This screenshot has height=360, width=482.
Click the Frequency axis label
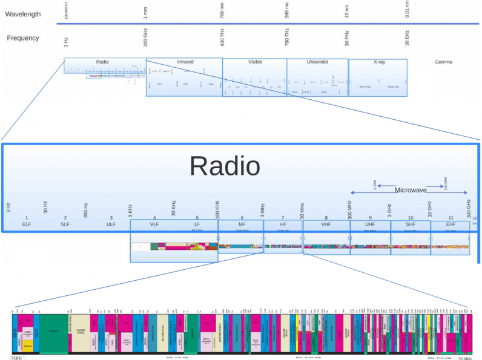pos(23,38)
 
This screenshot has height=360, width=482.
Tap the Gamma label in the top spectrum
pos(443,62)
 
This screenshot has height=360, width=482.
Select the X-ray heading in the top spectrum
pos(379,62)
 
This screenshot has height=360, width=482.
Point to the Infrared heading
pos(185,62)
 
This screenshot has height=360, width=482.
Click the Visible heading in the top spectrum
pos(255,62)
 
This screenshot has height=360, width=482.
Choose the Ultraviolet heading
pos(317,62)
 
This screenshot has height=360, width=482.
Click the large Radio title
pos(225,166)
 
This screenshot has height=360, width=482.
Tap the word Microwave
pos(411,190)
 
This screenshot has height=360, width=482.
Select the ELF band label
pos(27,224)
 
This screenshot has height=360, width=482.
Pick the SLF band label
pos(65,224)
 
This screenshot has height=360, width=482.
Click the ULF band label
pos(111,224)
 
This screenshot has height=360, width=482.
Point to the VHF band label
pos(326,224)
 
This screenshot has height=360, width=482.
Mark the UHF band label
pos(370,224)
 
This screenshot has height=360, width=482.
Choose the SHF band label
pos(411,224)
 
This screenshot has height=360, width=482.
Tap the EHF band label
pos(451,224)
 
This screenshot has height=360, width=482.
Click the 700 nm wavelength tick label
pos(222,11)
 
